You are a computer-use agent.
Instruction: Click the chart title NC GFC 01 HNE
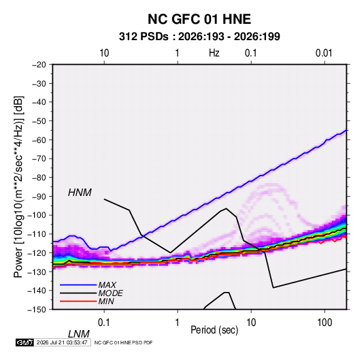point(199,19)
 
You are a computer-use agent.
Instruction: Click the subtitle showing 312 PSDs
point(199,37)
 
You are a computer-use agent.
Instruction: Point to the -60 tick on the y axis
point(39,140)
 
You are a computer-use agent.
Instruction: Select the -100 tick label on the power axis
point(37,215)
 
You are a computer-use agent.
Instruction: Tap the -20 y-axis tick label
point(39,65)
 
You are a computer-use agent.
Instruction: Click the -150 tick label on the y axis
point(37,310)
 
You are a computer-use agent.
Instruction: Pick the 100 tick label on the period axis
point(325,323)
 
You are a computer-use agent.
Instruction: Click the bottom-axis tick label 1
point(178,323)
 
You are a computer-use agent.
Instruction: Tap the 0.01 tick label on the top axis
point(324,53)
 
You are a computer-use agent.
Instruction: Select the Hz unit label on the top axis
point(214,53)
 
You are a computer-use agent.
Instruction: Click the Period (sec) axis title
point(214,330)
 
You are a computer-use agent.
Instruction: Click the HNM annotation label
point(80,193)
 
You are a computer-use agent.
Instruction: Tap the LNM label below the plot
point(79,334)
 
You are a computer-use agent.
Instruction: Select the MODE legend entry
point(91,293)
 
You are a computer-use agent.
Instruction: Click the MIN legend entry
point(87,301)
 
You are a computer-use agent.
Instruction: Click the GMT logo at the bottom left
point(24,342)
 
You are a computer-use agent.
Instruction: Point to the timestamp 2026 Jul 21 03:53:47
point(62,342)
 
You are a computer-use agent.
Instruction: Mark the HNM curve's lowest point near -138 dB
point(274,288)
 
